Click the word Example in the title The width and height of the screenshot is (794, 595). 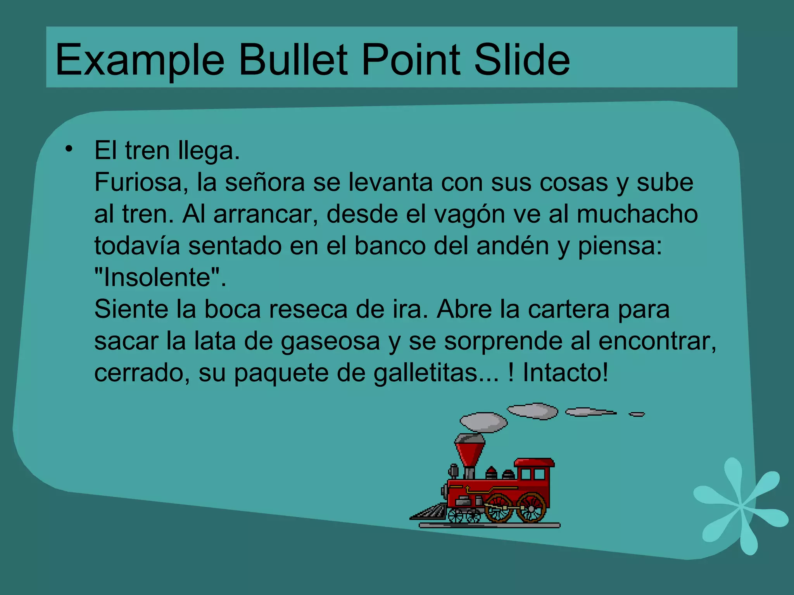(140, 60)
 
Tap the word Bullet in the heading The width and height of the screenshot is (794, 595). (293, 60)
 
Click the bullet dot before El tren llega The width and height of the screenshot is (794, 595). (69, 149)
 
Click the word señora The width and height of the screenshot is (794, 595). (265, 182)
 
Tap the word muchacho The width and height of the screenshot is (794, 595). (637, 214)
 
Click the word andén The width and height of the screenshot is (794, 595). (513, 246)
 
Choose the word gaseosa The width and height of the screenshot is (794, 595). (330, 342)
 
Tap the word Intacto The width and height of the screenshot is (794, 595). (565, 373)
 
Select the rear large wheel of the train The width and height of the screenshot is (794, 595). (531, 507)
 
